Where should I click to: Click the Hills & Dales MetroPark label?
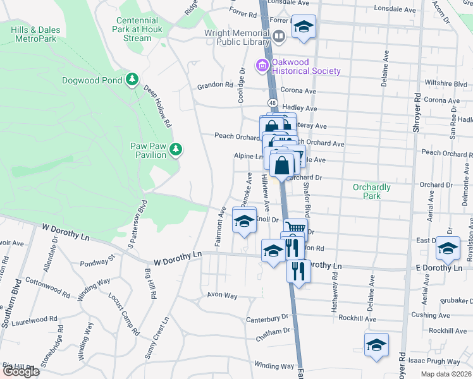[35, 34]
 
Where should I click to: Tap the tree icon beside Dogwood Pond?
[132, 80]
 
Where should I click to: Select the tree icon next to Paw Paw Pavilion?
[177, 150]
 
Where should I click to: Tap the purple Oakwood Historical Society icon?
[261, 65]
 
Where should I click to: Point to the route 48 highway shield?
[272, 102]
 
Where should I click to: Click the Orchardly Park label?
[372, 191]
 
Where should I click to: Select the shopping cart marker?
[295, 228]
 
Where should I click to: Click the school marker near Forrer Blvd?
[304, 27]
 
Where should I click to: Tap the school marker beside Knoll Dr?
[243, 221]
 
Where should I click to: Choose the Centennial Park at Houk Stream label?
[137, 29]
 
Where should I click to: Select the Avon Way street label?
[222, 295]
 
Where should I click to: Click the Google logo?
[20, 371]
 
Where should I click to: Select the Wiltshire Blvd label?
[446, 83]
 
